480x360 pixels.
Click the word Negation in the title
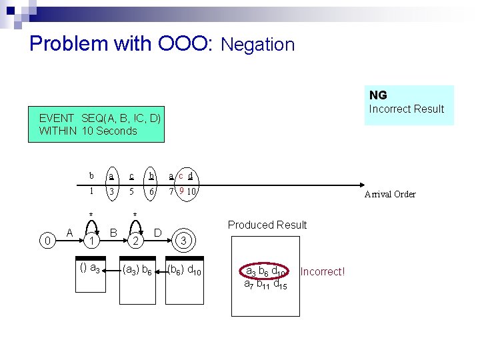click(x=257, y=45)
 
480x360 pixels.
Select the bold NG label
click(x=378, y=95)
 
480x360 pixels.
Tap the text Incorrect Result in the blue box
click(x=406, y=109)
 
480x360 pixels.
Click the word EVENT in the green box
click(x=57, y=118)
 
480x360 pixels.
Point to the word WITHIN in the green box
click(x=58, y=131)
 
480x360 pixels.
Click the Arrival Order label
click(x=389, y=195)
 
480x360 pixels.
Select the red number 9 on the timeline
click(x=182, y=191)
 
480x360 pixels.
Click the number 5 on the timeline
click(x=132, y=191)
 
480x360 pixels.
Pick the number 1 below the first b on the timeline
click(x=91, y=191)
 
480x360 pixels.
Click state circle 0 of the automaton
click(x=47, y=240)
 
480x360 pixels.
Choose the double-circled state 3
click(x=187, y=240)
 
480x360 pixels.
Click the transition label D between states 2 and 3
click(x=158, y=232)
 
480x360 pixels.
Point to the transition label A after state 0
click(x=70, y=232)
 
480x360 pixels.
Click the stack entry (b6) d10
click(x=183, y=270)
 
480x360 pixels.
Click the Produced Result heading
click(x=267, y=225)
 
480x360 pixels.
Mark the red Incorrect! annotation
click(x=323, y=272)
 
